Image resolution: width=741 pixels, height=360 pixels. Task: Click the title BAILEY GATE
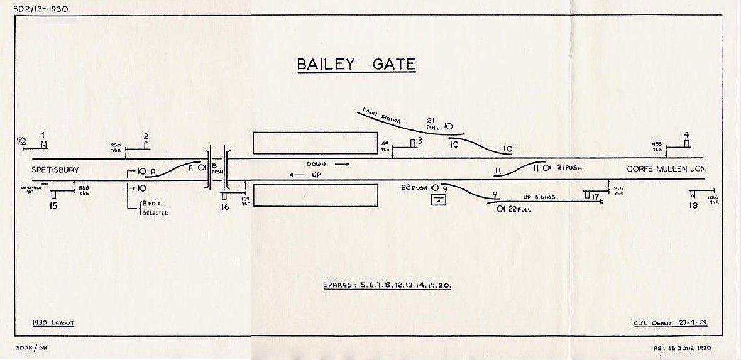[356, 65]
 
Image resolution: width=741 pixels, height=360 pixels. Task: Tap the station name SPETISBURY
[55, 170]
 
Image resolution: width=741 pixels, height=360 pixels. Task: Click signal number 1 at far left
[43, 135]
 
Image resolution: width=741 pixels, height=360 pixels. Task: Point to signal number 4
[686, 134]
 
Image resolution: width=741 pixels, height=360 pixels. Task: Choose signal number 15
[53, 205]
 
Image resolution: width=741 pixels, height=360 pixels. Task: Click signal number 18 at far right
[693, 205]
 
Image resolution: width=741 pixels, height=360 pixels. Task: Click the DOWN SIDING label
[380, 116]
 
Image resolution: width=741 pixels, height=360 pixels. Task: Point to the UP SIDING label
[540, 197]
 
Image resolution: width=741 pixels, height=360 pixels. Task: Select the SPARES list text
[387, 285]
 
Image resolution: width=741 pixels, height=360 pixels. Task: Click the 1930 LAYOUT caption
[53, 322]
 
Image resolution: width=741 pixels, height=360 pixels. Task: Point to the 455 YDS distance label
[657, 147]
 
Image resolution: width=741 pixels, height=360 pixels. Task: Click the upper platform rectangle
[315, 143]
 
